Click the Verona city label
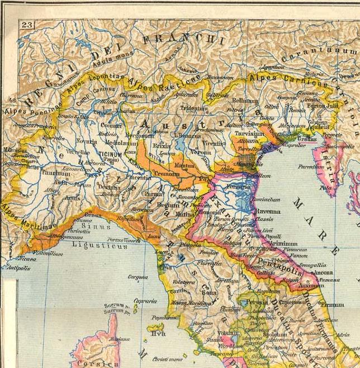[x=201, y=152]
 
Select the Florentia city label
[x=203, y=263]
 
